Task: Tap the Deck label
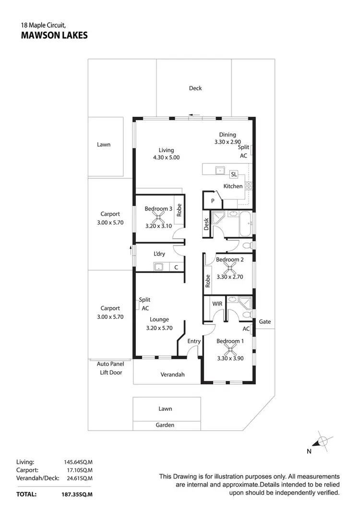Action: click(195, 88)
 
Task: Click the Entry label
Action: click(194, 341)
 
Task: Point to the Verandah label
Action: click(172, 375)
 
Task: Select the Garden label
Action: click(165, 425)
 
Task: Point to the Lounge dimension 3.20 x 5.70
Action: click(159, 329)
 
